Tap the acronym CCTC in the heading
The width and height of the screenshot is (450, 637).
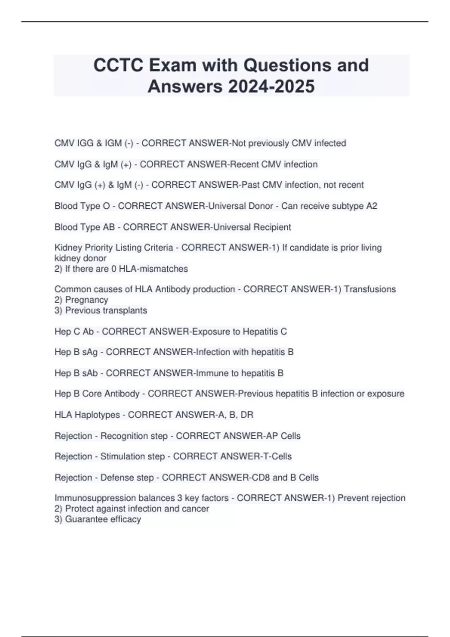118,65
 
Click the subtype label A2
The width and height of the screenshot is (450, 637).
371,206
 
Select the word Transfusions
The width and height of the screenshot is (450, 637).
370,289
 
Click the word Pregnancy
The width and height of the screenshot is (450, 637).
86,300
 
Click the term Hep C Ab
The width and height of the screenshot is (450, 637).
74,331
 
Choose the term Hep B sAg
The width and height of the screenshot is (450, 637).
76,352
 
